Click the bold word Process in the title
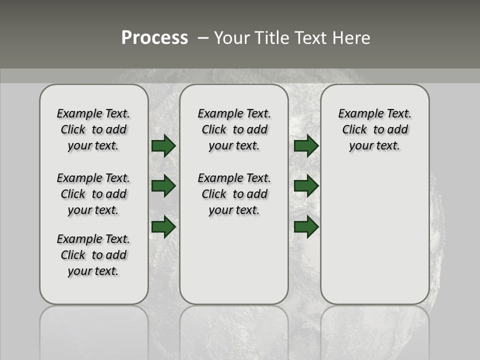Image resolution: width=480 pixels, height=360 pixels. click(x=154, y=37)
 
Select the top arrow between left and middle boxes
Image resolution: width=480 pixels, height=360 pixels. click(x=163, y=145)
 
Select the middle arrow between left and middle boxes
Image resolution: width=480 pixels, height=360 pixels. click(x=163, y=186)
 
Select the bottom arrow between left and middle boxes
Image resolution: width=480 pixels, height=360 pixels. click(x=163, y=227)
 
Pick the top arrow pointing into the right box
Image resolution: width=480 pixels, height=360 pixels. click(x=306, y=145)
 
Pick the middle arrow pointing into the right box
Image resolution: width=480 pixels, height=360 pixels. click(x=306, y=186)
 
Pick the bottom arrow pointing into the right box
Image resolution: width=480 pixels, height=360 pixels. click(x=306, y=227)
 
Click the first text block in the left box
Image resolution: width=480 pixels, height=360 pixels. click(x=93, y=129)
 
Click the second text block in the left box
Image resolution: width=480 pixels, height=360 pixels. click(x=93, y=194)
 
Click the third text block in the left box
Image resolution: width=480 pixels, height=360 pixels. click(x=93, y=255)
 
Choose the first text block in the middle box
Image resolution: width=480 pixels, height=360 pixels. click(x=234, y=129)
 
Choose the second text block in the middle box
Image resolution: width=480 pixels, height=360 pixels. click(x=234, y=194)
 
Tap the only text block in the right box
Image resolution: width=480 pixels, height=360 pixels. click(x=374, y=129)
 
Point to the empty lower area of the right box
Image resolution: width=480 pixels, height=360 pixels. click(x=374, y=235)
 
